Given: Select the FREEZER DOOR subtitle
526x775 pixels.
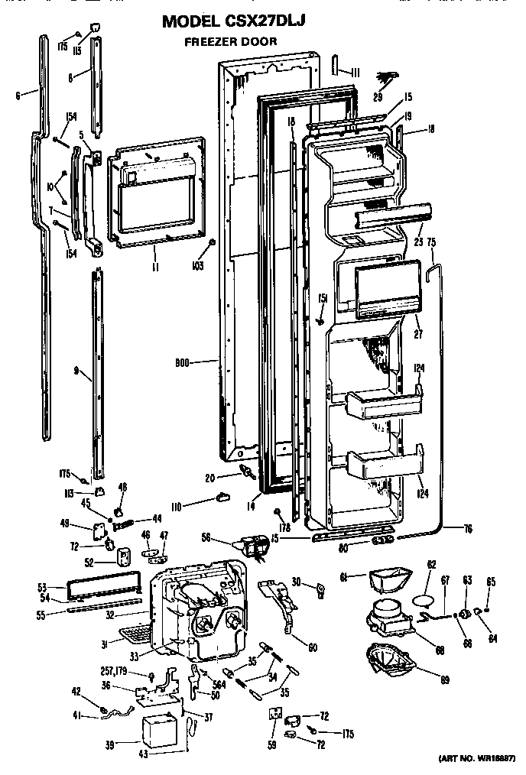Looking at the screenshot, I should click(230, 43).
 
